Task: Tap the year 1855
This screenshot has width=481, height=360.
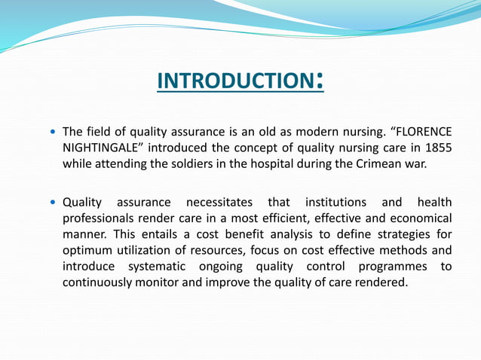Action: click(438, 148)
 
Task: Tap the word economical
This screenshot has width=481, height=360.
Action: click(420, 218)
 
